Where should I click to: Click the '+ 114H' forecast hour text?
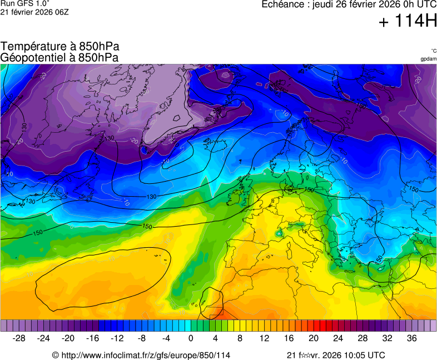pos(407,22)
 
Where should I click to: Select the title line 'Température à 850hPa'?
pos(59,47)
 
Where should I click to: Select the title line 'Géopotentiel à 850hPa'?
pos(59,57)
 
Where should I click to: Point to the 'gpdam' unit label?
pos(428,59)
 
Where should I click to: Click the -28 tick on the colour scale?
pos(19,338)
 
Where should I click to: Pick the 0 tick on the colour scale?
pos(191,338)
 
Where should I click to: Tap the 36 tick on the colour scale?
pos(411,338)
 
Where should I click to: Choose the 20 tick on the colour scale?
pos(314,338)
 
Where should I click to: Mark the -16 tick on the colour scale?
pos(93,338)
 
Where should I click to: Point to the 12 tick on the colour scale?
pos(265,338)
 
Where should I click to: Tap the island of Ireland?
pos(234,197)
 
